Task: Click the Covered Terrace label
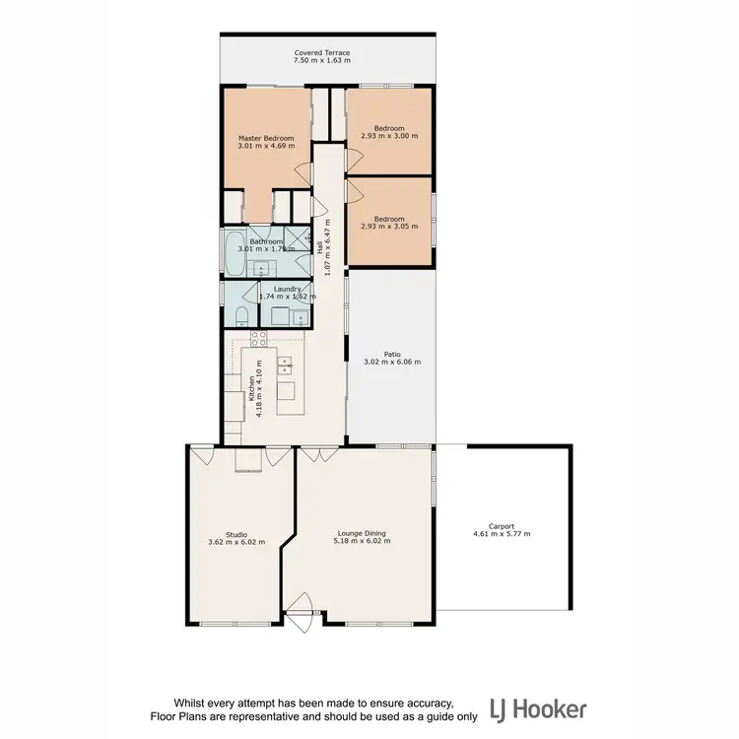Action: tap(321, 53)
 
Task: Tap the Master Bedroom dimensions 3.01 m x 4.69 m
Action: tap(265, 146)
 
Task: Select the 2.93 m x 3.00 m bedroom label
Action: tap(389, 136)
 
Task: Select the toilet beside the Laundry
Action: tap(241, 314)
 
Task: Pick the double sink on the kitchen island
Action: tap(286, 367)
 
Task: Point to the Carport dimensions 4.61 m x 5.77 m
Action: tap(502, 534)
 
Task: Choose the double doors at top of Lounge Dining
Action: tap(314, 455)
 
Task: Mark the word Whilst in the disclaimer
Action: tap(193, 703)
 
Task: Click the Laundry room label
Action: tap(287, 289)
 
